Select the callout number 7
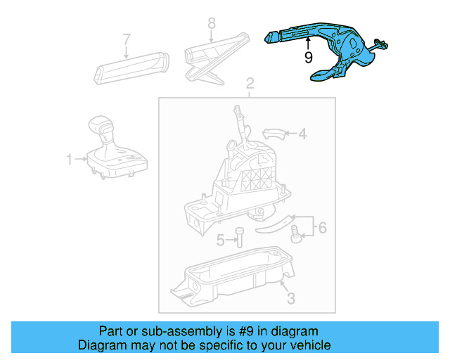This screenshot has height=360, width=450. (x=127, y=38)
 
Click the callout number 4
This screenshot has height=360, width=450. (x=302, y=133)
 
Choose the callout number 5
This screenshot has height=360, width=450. (x=221, y=240)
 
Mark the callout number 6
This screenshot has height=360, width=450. (x=322, y=227)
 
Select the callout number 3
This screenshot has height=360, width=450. (x=290, y=298)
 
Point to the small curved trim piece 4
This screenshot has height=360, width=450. (x=275, y=133)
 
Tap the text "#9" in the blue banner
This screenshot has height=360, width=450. (x=255, y=331)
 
